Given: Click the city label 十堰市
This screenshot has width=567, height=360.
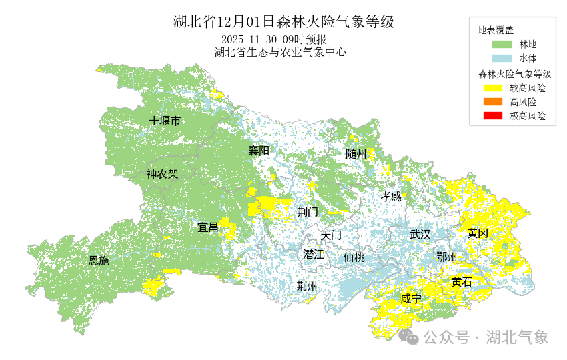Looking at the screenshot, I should [165, 121].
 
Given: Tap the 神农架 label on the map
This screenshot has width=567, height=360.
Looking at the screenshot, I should [163, 175].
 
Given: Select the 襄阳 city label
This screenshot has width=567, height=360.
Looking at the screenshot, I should [259, 151].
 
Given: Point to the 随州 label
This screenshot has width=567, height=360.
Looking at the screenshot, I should [356, 154].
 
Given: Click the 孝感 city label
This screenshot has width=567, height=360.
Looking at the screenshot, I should [391, 197].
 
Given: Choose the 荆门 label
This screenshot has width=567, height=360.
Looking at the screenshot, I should [308, 212].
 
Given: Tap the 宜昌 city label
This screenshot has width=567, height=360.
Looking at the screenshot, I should [208, 227].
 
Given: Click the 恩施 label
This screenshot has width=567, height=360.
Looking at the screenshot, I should [99, 261].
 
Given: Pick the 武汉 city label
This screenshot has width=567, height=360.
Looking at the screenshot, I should [420, 235].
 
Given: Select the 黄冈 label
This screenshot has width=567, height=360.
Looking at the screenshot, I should [478, 233].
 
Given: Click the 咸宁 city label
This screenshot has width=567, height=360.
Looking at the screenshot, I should [410, 299].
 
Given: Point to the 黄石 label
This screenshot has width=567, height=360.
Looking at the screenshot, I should [461, 282].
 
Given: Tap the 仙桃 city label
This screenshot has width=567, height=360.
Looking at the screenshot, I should [354, 257].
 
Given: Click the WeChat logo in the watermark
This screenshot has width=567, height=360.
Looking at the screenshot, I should [408, 337].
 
